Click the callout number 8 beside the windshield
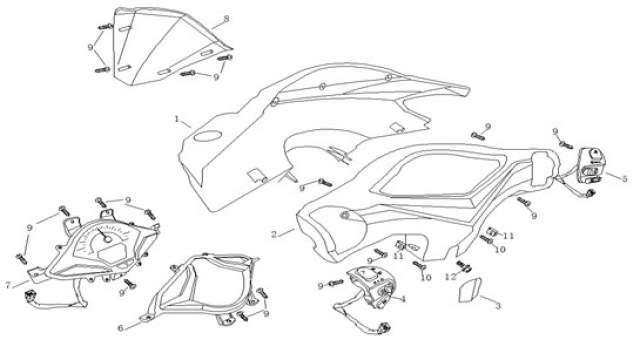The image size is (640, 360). pos(227,18)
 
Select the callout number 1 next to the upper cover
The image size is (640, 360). pos(177,119)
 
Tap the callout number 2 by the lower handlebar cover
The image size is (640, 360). pos(274,234)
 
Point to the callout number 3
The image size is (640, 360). pos(498,305)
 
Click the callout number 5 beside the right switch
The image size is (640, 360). pos(624,178)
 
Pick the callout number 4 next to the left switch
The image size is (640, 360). pos(403,299)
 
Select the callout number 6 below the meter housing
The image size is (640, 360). pos(120,328)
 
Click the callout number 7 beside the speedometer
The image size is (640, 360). pos(8,284)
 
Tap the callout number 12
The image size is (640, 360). pos(450,277)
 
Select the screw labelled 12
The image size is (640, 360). pos(464,266)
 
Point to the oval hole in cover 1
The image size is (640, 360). pos(207,136)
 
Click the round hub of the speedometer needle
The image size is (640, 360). pos(107,238)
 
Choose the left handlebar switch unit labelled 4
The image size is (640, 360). pos(371,287)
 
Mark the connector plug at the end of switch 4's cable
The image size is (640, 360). pos(383,327)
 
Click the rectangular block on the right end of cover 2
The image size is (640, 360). pos(544,168)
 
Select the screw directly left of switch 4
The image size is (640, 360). pos(336,282)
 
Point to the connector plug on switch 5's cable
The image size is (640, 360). pos(589,193)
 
